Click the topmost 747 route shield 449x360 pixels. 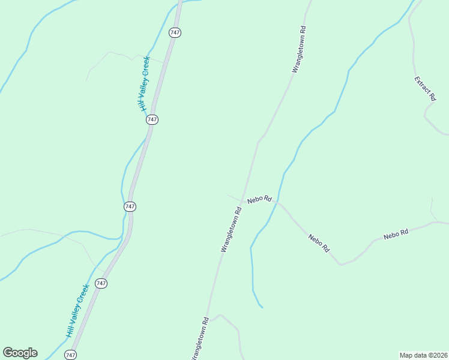click(x=175, y=33)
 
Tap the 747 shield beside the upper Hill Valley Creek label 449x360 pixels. click(x=152, y=119)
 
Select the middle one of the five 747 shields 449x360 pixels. click(x=130, y=206)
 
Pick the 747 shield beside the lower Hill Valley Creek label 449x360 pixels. click(x=101, y=283)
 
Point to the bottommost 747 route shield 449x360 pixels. click(x=71, y=355)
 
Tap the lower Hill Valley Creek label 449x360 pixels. click(x=78, y=310)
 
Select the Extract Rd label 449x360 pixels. click(x=426, y=88)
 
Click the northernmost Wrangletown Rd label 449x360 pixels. click(x=299, y=49)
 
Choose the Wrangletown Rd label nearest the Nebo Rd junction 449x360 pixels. click(x=231, y=229)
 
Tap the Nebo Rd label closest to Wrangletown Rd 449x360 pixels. click(x=259, y=199)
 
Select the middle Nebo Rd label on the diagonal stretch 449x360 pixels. click(x=319, y=242)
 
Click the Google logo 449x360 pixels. click(x=20, y=353)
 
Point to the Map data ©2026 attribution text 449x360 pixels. click(x=423, y=355)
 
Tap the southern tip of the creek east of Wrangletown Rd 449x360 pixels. click(x=262, y=308)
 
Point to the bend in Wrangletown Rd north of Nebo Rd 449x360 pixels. click(x=258, y=142)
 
